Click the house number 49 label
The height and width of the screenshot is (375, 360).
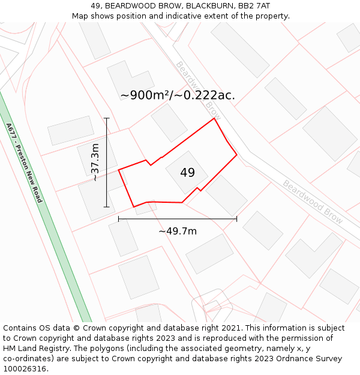pos(187,173)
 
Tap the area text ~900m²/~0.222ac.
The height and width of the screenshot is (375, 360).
pos(178,95)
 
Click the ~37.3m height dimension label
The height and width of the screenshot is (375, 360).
pos(95,163)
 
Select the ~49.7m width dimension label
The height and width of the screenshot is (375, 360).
pos(178,231)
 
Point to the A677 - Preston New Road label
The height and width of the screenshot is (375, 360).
pos(24,163)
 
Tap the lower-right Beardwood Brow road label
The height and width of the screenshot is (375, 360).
pos(313,202)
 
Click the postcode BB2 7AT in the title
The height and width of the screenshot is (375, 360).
pos(253,6)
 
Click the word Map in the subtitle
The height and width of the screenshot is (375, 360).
pos(80,16)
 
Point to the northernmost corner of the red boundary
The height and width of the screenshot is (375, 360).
pos(214,118)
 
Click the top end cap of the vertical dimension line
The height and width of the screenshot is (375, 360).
pos(107,118)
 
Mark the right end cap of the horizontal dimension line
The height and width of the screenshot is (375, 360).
pos(236,219)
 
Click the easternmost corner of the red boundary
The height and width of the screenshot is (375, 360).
pos(237,155)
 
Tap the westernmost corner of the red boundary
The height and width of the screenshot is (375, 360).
pos(119,170)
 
